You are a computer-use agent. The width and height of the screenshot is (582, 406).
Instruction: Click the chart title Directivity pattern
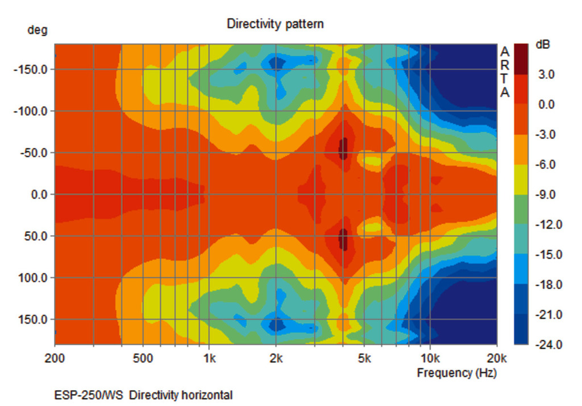[275, 24]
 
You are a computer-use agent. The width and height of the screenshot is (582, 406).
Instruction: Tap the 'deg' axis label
[38, 30]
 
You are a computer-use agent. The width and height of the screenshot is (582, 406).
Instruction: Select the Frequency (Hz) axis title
[456, 372]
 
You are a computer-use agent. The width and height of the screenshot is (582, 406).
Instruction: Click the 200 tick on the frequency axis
[55, 358]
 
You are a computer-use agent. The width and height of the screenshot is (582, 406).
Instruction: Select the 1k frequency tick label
[209, 358]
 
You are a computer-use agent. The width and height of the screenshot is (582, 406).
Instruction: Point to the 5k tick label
[364, 358]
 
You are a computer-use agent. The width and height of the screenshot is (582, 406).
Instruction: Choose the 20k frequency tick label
[497, 358]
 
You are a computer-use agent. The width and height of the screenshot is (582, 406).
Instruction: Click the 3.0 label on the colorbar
[546, 74]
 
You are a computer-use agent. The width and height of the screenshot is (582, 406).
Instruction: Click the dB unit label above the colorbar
[543, 44]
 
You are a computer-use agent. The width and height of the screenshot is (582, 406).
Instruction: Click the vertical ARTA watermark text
[505, 72]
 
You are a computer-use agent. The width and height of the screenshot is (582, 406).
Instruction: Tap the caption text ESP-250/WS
[89, 395]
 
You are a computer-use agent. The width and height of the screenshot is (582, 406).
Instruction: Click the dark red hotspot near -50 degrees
[343, 149]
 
